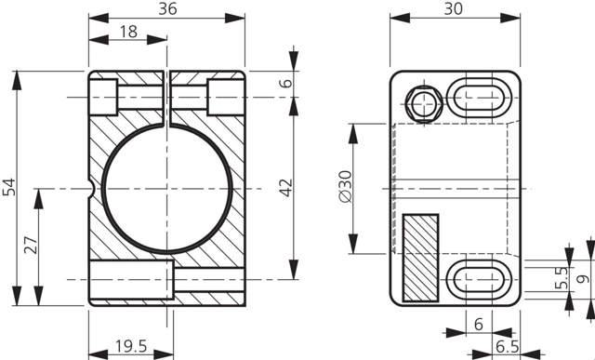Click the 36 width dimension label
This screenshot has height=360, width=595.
click(x=167, y=8)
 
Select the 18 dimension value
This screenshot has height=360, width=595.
click(x=128, y=32)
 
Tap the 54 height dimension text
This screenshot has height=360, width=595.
click(x=9, y=187)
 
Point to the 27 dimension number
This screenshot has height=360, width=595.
click(x=31, y=245)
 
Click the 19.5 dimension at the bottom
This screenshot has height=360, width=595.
click(x=131, y=346)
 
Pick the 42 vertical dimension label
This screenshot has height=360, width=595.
click(x=286, y=188)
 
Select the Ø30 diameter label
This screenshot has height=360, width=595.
click(x=346, y=186)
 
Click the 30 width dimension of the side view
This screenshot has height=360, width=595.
click(x=453, y=8)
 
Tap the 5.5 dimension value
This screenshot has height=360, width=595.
click(x=562, y=277)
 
